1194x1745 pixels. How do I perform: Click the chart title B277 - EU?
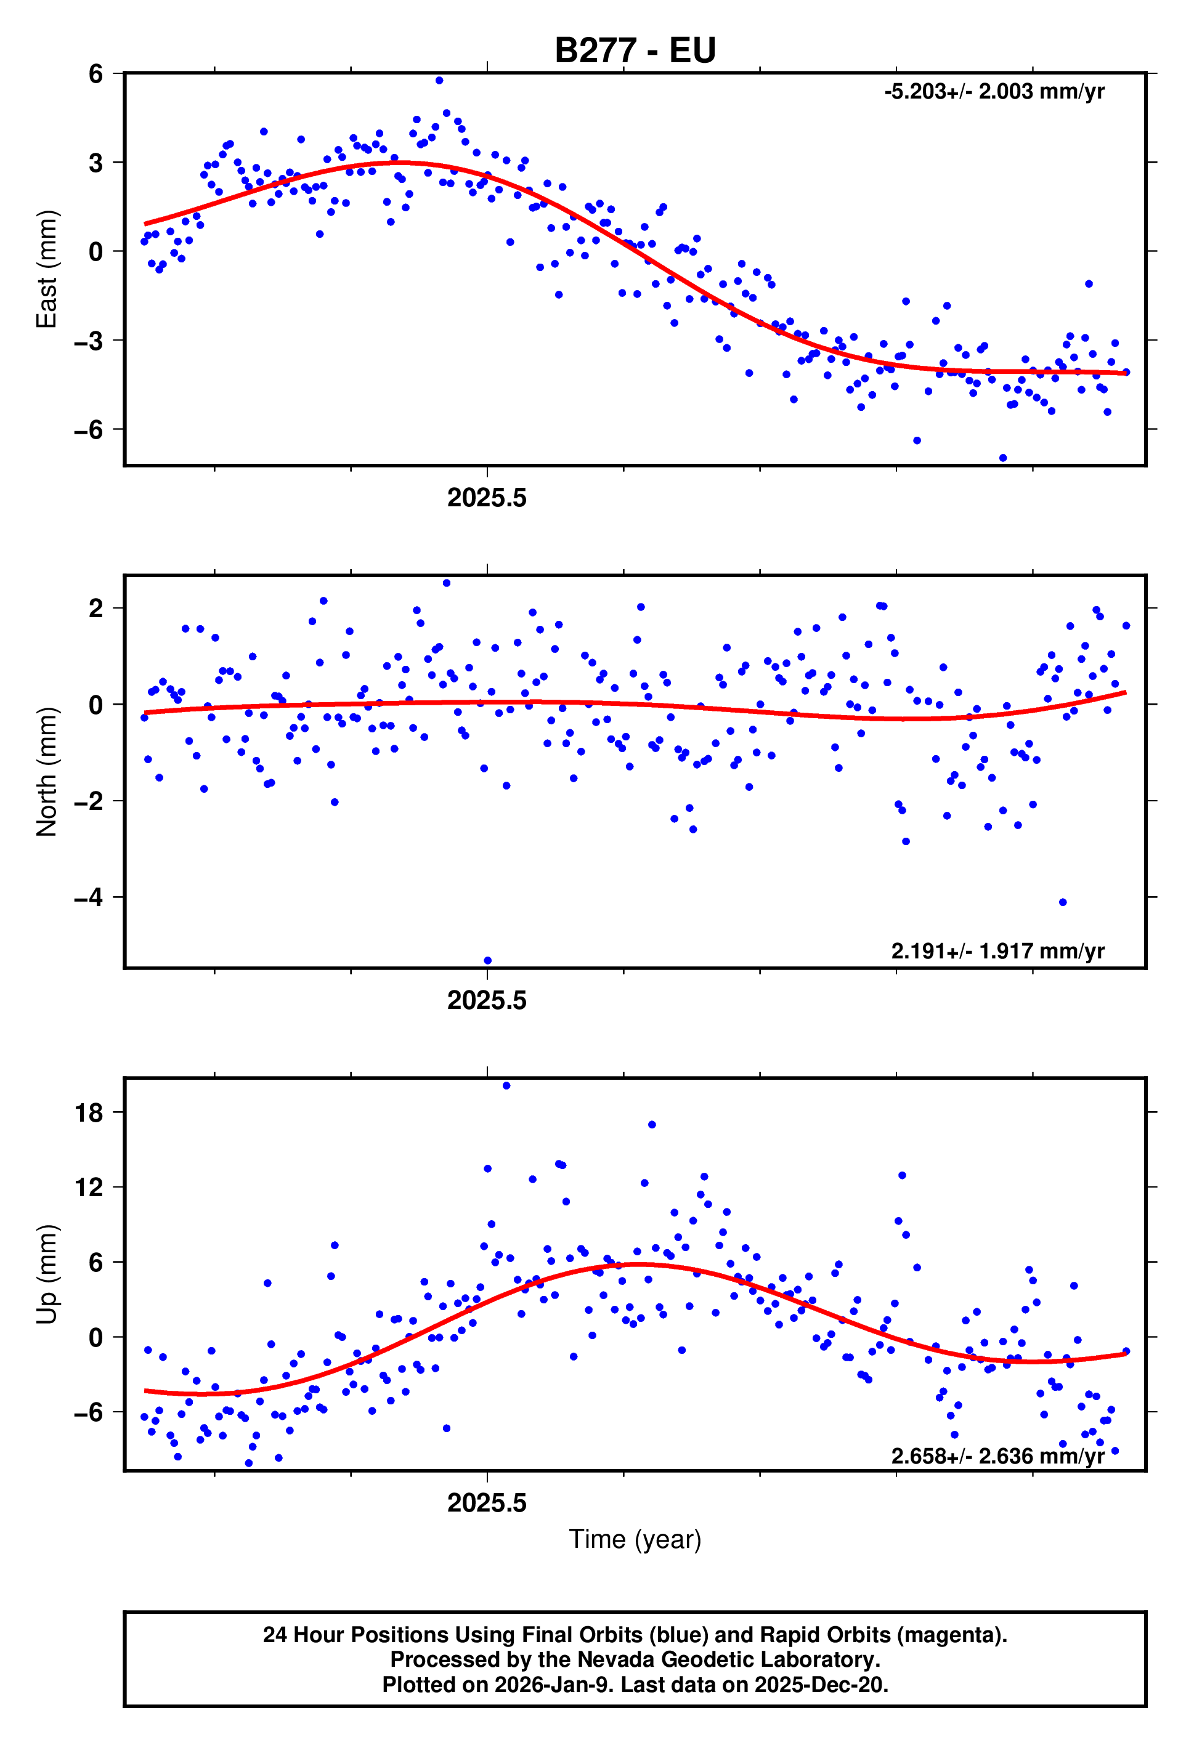(x=635, y=51)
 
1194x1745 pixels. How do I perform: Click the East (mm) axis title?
(x=47, y=269)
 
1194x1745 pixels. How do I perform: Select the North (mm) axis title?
(x=47, y=771)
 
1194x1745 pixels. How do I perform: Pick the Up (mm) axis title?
(x=47, y=1274)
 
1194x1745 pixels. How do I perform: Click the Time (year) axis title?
(x=635, y=1539)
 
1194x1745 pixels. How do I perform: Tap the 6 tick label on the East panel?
(x=95, y=73)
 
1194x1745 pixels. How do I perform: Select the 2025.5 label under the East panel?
(x=487, y=498)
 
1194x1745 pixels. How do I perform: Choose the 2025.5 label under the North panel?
(x=487, y=1000)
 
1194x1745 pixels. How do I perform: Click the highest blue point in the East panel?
(x=439, y=80)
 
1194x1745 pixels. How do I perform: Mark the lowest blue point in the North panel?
(x=487, y=960)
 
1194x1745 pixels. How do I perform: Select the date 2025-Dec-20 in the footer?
(x=820, y=1684)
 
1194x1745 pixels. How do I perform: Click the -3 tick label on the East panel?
(x=89, y=340)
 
